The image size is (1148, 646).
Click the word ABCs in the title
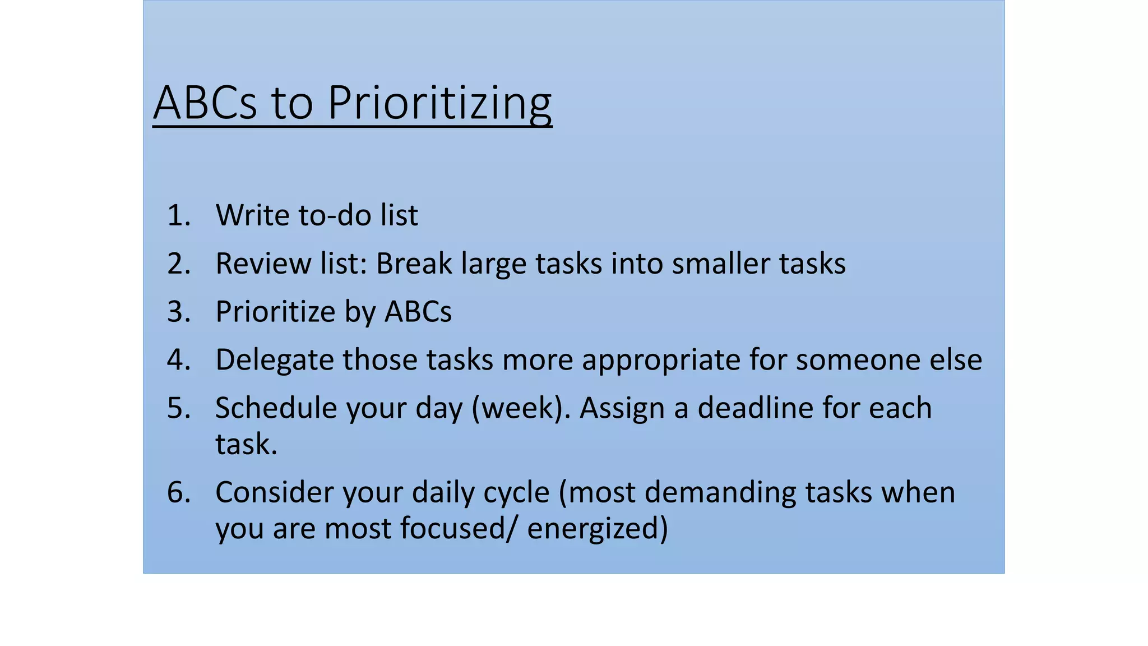point(205,103)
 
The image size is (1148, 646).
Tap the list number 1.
point(178,215)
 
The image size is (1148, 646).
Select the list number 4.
point(178,359)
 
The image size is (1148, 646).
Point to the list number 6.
point(178,492)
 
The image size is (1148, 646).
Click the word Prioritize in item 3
point(275,312)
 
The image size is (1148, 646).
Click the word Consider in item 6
point(274,492)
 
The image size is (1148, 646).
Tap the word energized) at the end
point(598,529)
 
